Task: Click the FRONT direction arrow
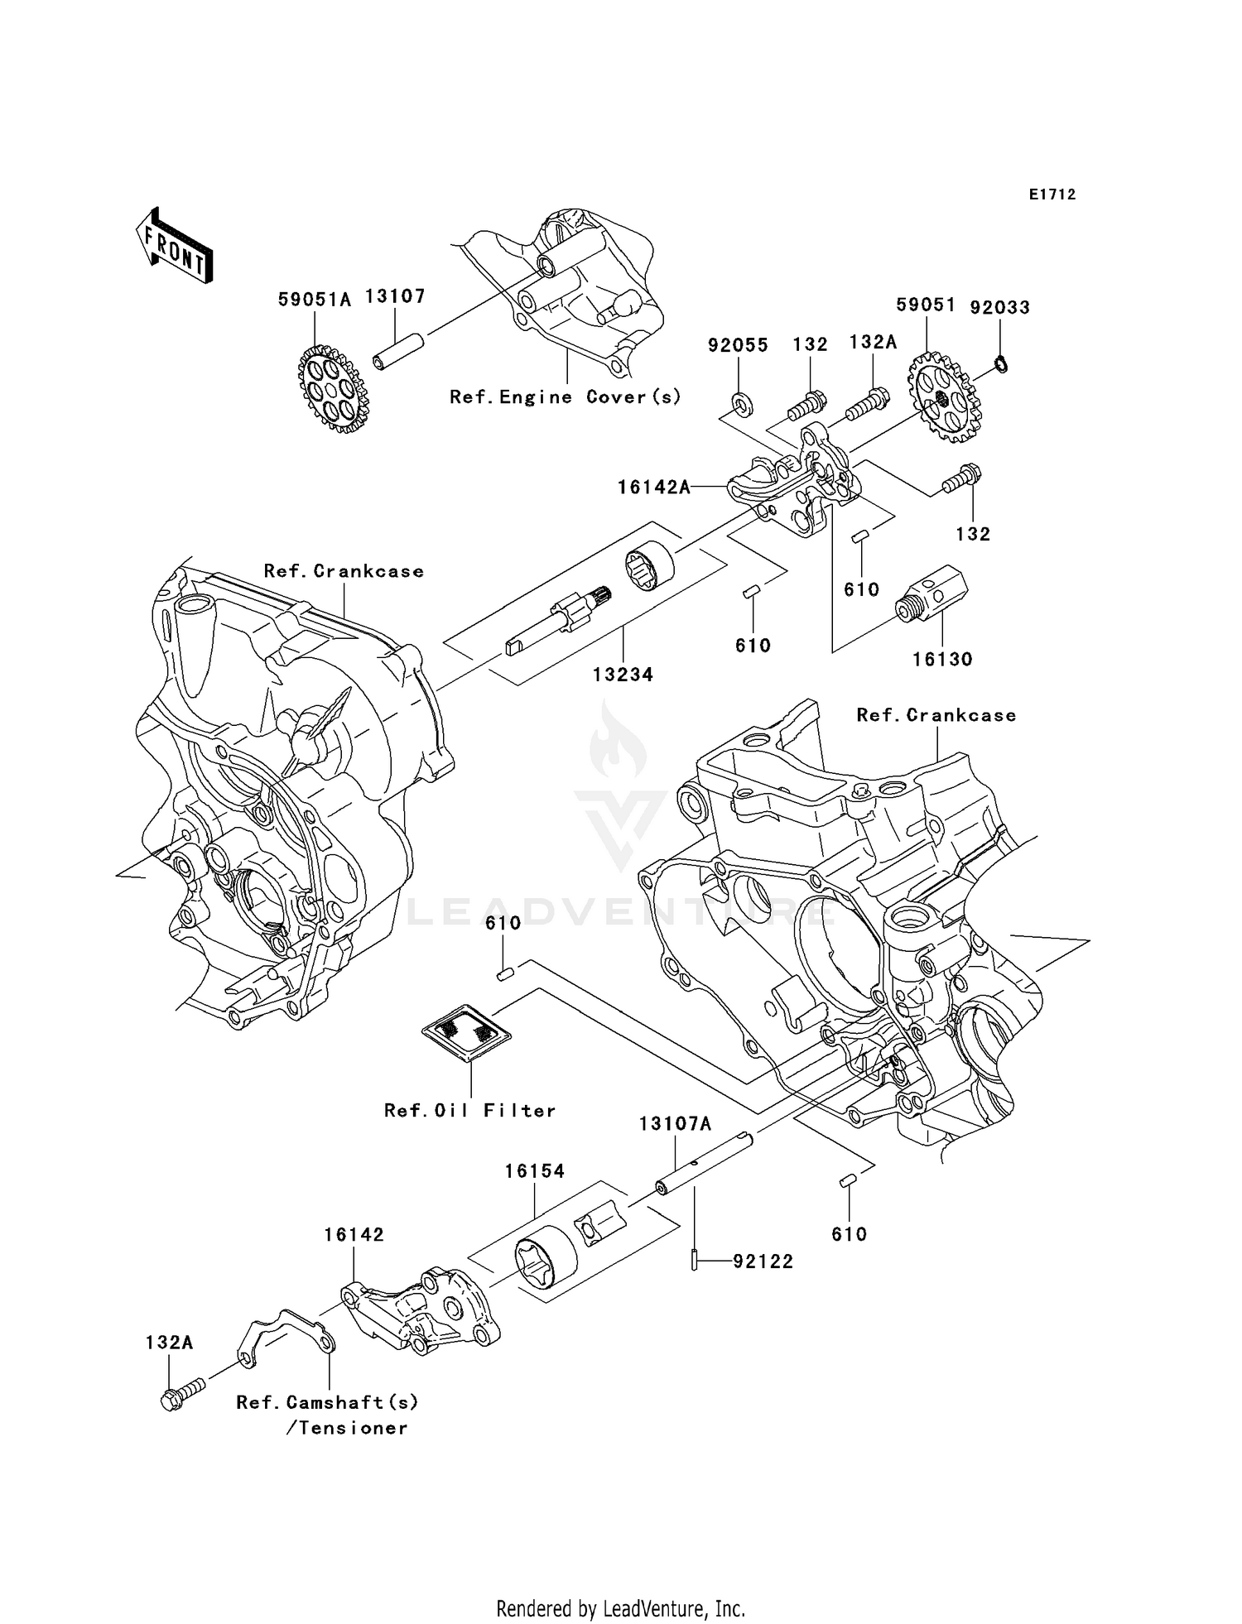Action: point(175,247)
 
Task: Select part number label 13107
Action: point(396,297)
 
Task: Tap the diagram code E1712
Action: point(1052,195)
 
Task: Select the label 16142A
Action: point(654,488)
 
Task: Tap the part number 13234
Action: point(623,675)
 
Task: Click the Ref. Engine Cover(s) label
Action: point(566,397)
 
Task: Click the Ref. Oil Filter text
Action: point(469,1111)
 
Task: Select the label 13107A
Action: point(675,1124)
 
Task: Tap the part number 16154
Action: point(535,1171)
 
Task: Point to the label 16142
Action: point(354,1235)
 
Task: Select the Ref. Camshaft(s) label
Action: point(327,1402)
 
